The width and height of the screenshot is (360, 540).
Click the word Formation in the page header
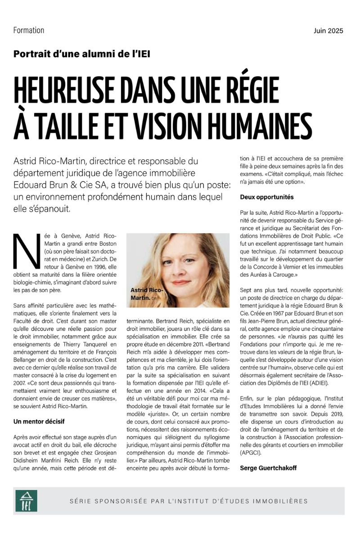[x=29, y=31]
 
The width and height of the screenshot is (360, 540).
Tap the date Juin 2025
[x=328, y=31]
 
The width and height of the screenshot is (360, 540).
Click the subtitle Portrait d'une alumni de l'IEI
[x=82, y=54]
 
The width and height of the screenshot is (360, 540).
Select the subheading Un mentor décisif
[x=40, y=422]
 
